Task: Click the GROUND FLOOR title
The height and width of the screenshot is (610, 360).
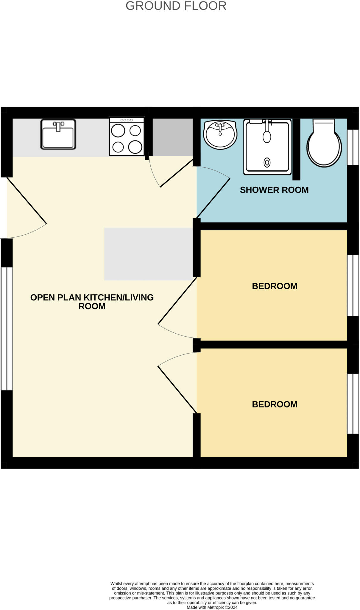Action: pyautogui.click(x=176, y=6)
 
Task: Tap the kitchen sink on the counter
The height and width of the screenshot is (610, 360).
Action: pyautogui.click(x=58, y=134)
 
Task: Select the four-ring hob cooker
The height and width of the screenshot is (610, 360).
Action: pyautogui.click(x=127, y=136)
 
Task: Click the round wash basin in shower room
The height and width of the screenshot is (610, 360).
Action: pyautogui.click(x=220, y=134)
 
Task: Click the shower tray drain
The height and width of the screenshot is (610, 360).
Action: pyautogui.click(x=267, y=163)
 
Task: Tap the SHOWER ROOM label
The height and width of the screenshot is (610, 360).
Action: pyautogui.click(x=274, y=190)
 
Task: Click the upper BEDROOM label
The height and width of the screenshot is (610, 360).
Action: pyautogui.click(x=274, y=286)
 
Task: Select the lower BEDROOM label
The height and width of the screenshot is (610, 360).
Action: pyautogui.click(x=274, y=404)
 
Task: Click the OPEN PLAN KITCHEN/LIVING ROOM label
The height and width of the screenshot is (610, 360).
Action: pyautogui.click(x=92, y=302)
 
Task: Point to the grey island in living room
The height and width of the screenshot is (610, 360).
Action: pyautogui.click(x=148, y=254)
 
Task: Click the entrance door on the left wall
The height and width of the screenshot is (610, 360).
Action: pyautogui.click(x=27, y=200)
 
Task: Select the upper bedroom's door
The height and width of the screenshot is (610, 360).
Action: pyautogui.click(x=177, y=301)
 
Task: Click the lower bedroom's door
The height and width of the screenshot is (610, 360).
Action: pyautogui.click(x=177, y=389)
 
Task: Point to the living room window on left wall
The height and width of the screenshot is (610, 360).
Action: pyautogui.click(x=7, y=329)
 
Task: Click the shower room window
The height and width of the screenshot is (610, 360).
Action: pyautogui.click(x=353, y=147)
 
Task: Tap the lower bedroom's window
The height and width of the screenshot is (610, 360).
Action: pyautogui.click(x=353, y=404)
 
